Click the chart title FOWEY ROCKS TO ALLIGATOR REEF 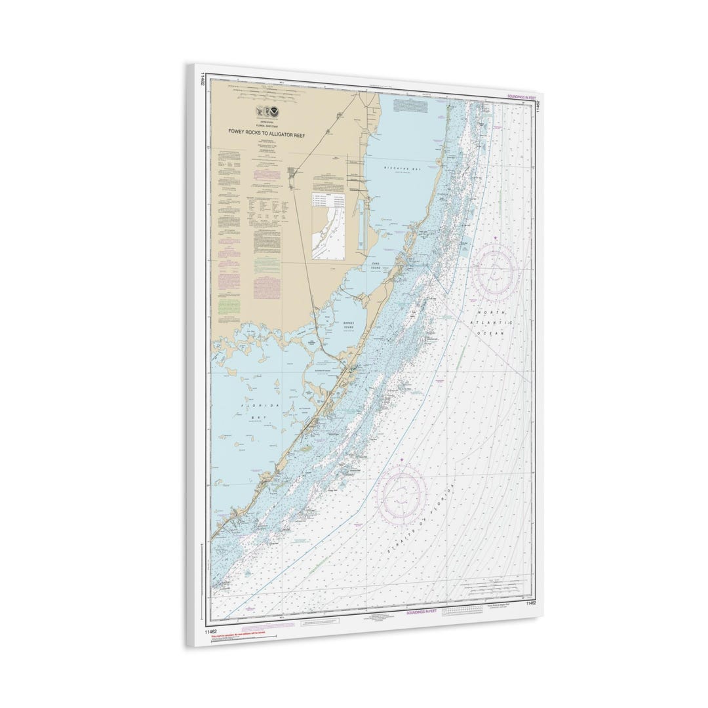(271, 131)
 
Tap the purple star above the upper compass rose (496, 237)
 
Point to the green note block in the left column (226, 307)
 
